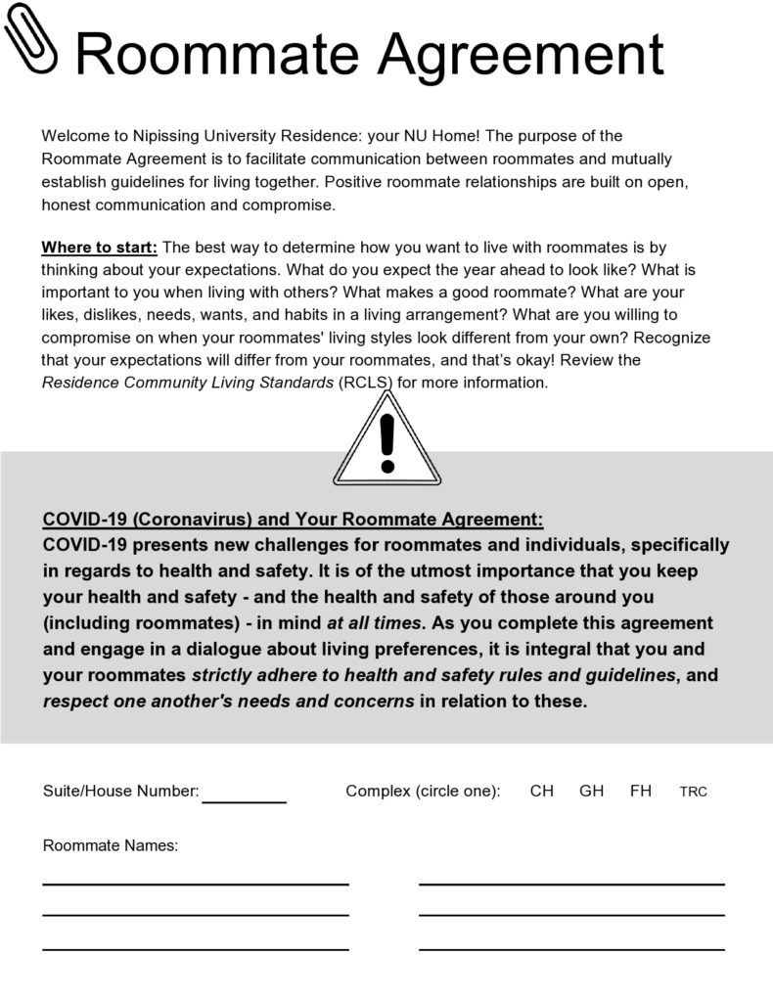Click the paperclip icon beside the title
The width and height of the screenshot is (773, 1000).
(33, 39)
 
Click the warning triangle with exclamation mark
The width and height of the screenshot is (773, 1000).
(387, 445)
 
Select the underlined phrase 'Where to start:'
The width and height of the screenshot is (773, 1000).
(99, 248)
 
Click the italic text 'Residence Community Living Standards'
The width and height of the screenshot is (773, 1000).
(186, 383)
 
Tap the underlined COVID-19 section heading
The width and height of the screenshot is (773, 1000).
(293, 519)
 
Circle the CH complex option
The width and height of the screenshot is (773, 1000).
(541, 791)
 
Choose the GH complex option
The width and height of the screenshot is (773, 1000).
(591, 791)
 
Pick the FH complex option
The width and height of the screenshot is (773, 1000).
(641, 791)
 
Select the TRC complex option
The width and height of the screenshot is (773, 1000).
(693, 792)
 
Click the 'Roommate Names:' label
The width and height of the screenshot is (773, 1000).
(111, 845)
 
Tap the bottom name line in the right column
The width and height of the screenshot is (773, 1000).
(571, 947)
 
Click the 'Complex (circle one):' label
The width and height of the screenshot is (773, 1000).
(423, 791)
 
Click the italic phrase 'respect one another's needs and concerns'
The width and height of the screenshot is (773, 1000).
(230, 702)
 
